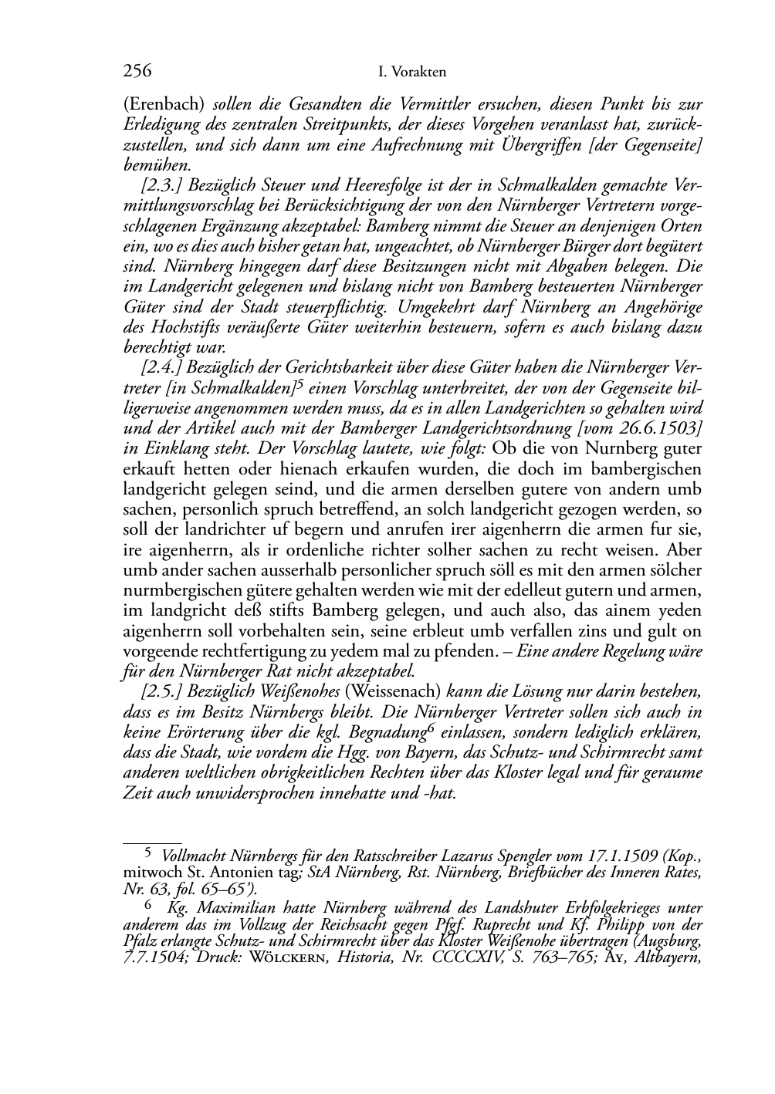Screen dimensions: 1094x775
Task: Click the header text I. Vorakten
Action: (413, 73)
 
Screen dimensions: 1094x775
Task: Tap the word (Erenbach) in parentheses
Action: (164, 104)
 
